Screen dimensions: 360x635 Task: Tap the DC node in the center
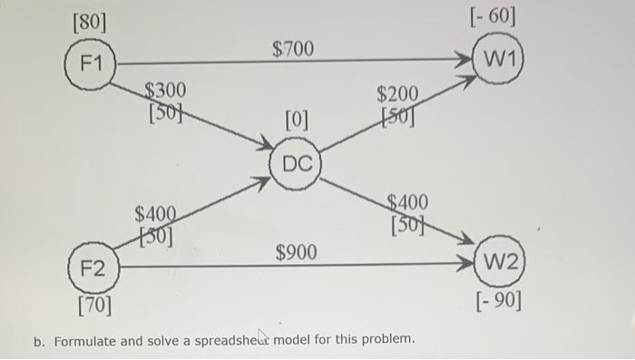297,165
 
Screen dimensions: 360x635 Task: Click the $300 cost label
165,90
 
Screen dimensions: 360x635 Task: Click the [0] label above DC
297,119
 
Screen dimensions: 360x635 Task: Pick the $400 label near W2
407,202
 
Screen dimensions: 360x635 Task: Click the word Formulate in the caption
86,341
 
